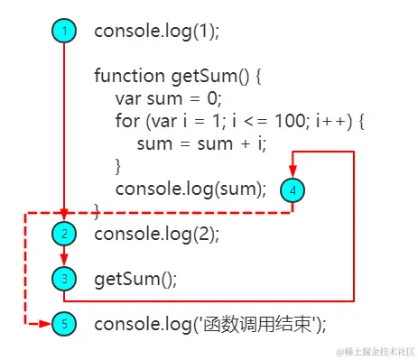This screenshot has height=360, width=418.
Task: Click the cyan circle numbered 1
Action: coord(64,31)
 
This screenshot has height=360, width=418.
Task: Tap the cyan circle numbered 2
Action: coord(64,234)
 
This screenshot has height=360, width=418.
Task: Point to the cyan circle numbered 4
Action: coord(293,189)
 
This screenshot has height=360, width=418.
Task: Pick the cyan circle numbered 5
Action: coord(64,323)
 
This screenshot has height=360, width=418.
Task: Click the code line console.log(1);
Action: coord(157,31)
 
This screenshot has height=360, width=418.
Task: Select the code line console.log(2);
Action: coord(157,234)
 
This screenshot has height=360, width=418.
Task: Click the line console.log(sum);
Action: coord(191,189)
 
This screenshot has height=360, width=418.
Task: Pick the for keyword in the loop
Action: coord(126,121)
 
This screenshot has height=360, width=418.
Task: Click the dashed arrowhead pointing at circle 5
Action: coord(44,323)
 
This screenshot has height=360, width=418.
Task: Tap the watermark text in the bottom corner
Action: coord(369,350)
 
